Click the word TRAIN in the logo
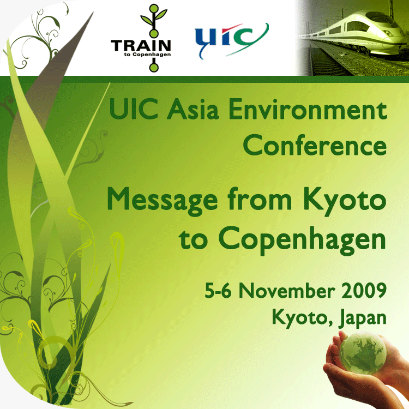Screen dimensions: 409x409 pos(141,45)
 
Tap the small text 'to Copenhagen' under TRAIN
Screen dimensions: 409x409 pos(148,55)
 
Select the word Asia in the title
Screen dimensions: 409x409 pos(193,109)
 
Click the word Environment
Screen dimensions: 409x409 pos(308,109)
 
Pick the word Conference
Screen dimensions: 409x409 pos(315,145)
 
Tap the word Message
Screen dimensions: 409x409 pos(163,201)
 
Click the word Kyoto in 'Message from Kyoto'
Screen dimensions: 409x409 pos(345,201)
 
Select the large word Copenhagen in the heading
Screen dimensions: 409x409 pos(302,239)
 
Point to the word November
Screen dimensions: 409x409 pos(287,290)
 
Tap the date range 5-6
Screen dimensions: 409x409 pos(218,290)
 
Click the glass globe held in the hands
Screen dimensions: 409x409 pos(363,352)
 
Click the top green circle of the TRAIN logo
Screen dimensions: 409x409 pos(154,8)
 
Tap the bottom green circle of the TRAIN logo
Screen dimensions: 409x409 pos(154,68)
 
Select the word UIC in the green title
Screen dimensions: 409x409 pos(134,109)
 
